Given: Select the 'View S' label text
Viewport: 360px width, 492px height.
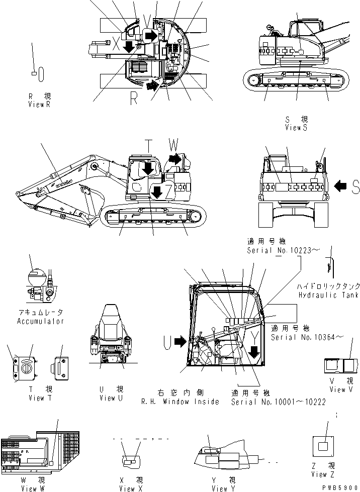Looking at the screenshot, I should (x=296, y=128).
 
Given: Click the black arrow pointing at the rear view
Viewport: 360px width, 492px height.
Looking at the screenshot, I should (x=340, y=186).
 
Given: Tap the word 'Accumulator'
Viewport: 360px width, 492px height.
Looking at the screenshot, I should (x=40, y=321).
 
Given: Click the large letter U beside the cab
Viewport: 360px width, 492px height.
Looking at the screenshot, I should (x=168, y=343).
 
